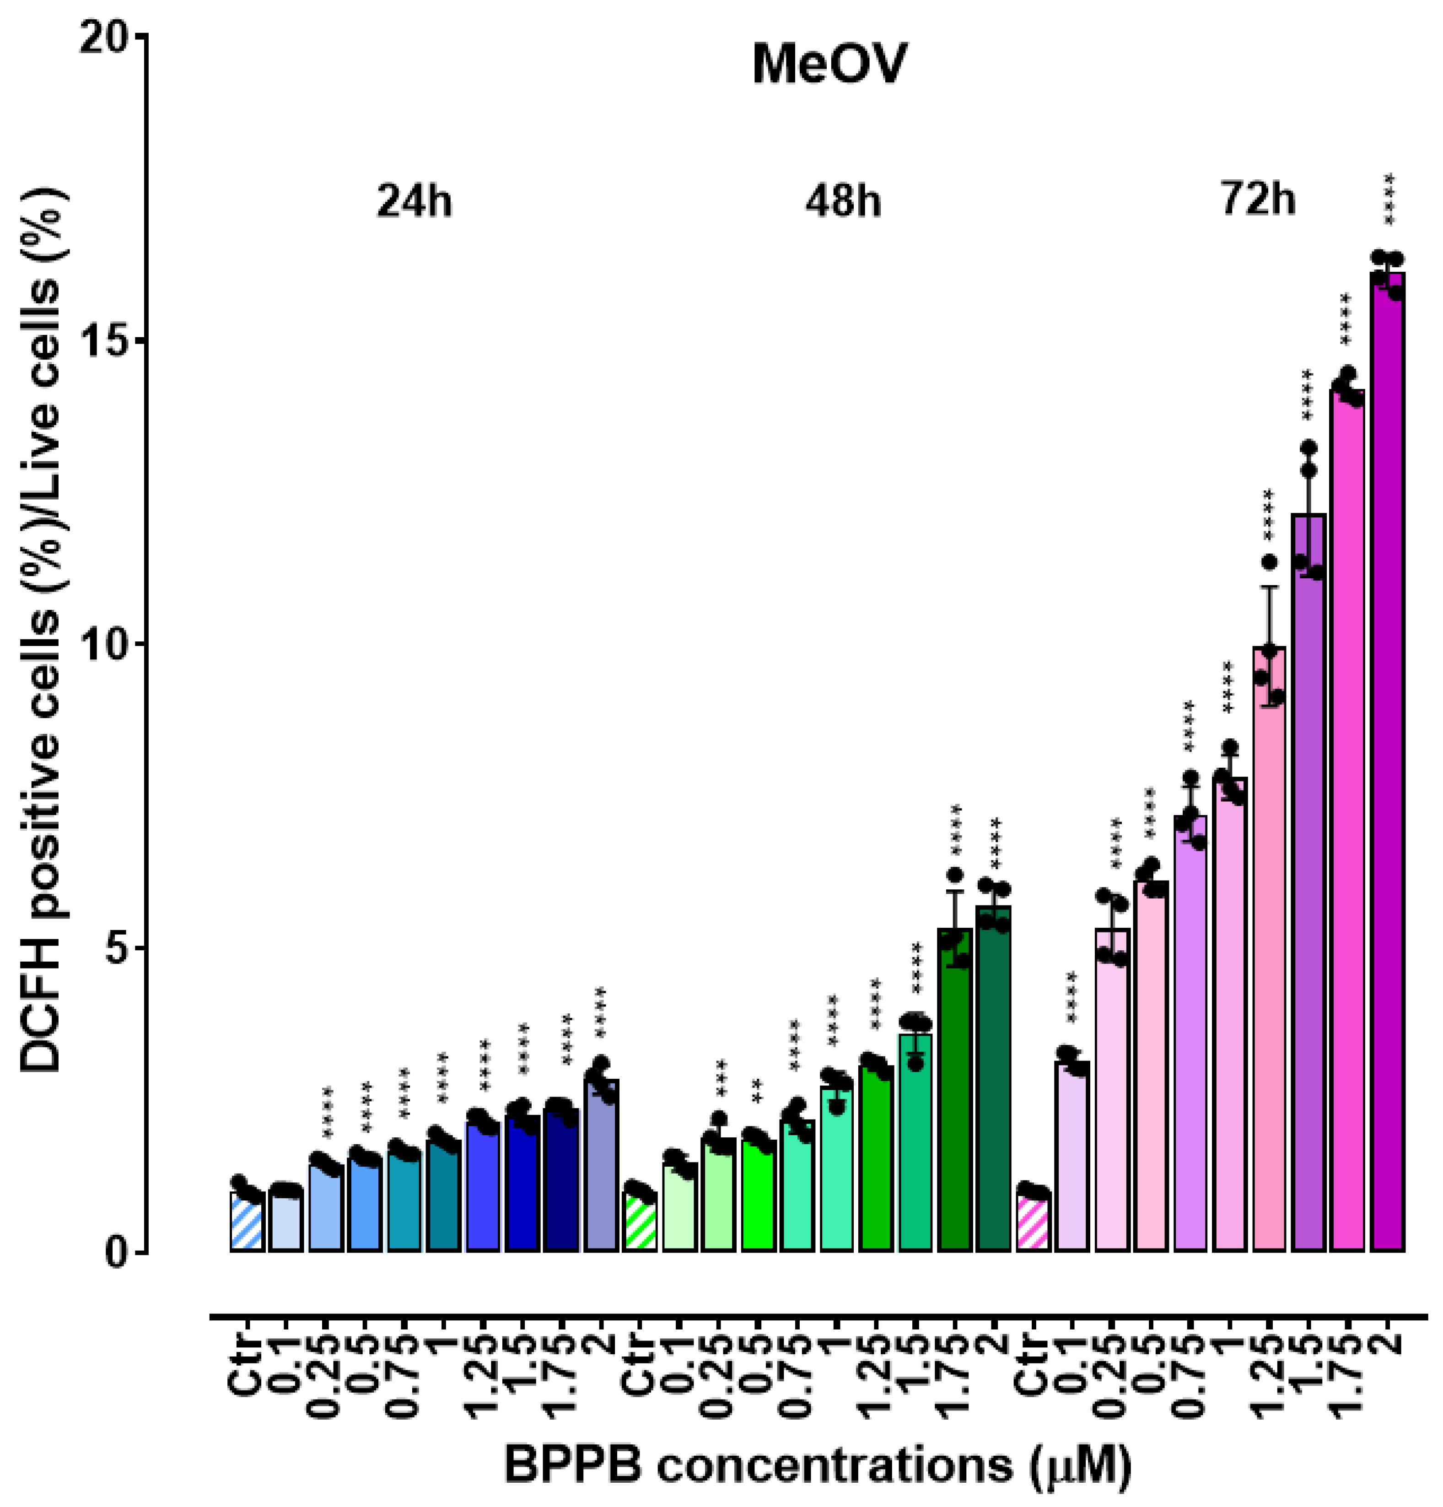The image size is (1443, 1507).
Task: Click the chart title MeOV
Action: tap(829, 65)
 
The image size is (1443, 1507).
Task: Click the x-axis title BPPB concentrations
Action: tap(817, 1465)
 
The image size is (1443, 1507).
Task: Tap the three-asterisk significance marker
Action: tap(720, 1075)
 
